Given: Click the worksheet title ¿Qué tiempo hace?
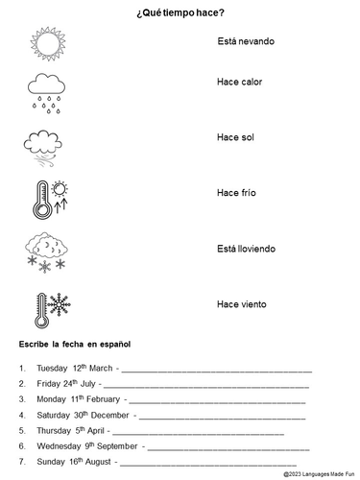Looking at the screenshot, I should tap(180, 12).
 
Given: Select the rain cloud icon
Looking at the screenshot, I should tap(45, 88).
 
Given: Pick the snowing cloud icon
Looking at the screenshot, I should tap(46, 251).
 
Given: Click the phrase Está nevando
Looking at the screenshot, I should tap(245, 44).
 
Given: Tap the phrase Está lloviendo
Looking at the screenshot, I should tap(247, 249).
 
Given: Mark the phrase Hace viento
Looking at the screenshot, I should tap(240, 304).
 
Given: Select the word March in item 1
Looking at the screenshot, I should tap(102, 369).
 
